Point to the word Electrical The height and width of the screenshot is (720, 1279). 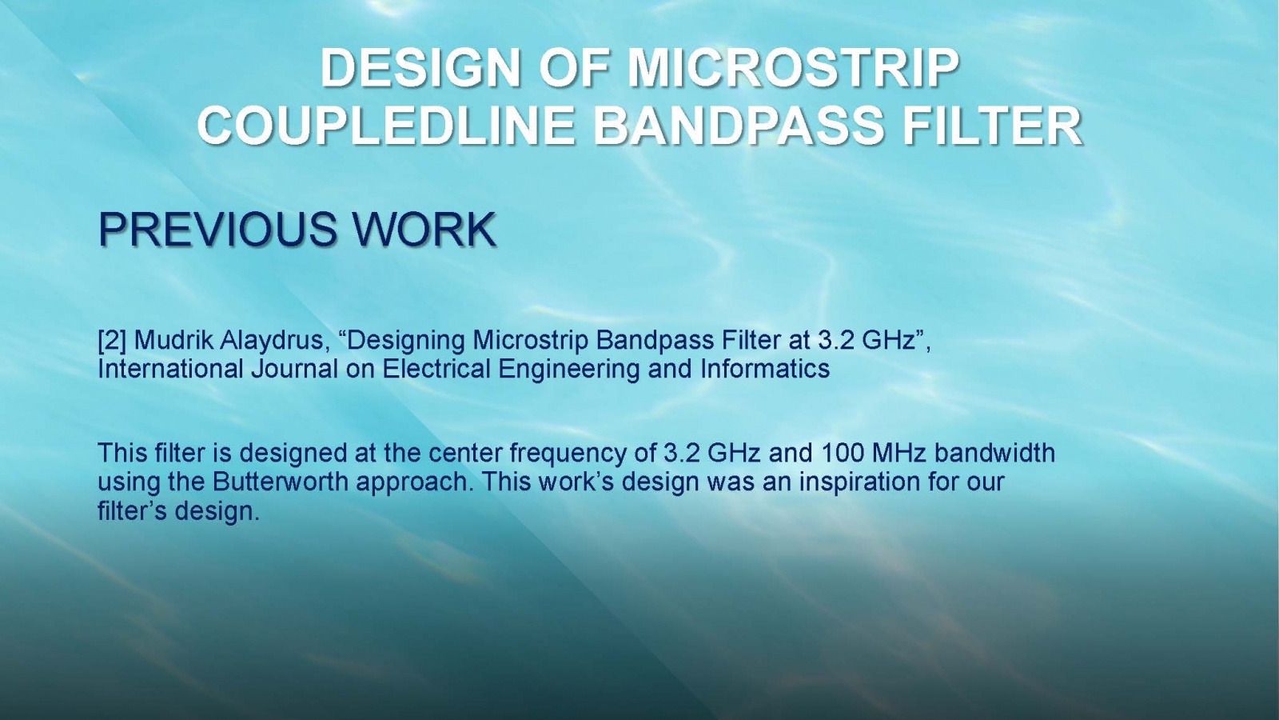click(436, 369)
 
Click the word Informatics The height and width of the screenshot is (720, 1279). click(765, 369)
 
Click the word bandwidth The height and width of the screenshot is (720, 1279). click(994, 453)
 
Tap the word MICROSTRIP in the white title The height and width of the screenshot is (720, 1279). click(793, 67)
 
